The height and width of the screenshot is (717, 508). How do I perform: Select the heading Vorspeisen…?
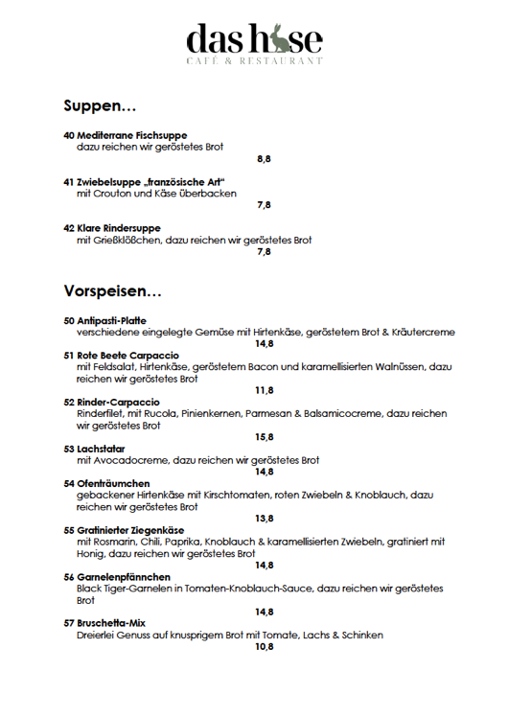tap(113, 289)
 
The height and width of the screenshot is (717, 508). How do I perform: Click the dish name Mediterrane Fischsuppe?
tap(131, 135)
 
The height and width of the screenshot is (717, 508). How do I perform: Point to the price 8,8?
tap(264, 159)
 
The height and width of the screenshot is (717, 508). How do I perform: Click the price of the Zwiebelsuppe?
tap(264, 205)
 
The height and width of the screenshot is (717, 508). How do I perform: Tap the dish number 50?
tap(69, 320)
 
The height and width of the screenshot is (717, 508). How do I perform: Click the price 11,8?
tap(264, 390)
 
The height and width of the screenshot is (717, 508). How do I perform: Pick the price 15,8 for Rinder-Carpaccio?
tap(264, 437)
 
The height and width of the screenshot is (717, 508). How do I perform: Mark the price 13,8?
tap(264, 519)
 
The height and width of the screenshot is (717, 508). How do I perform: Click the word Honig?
tap(92, 553)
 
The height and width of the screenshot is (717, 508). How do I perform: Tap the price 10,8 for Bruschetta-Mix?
tap(264, 647)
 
